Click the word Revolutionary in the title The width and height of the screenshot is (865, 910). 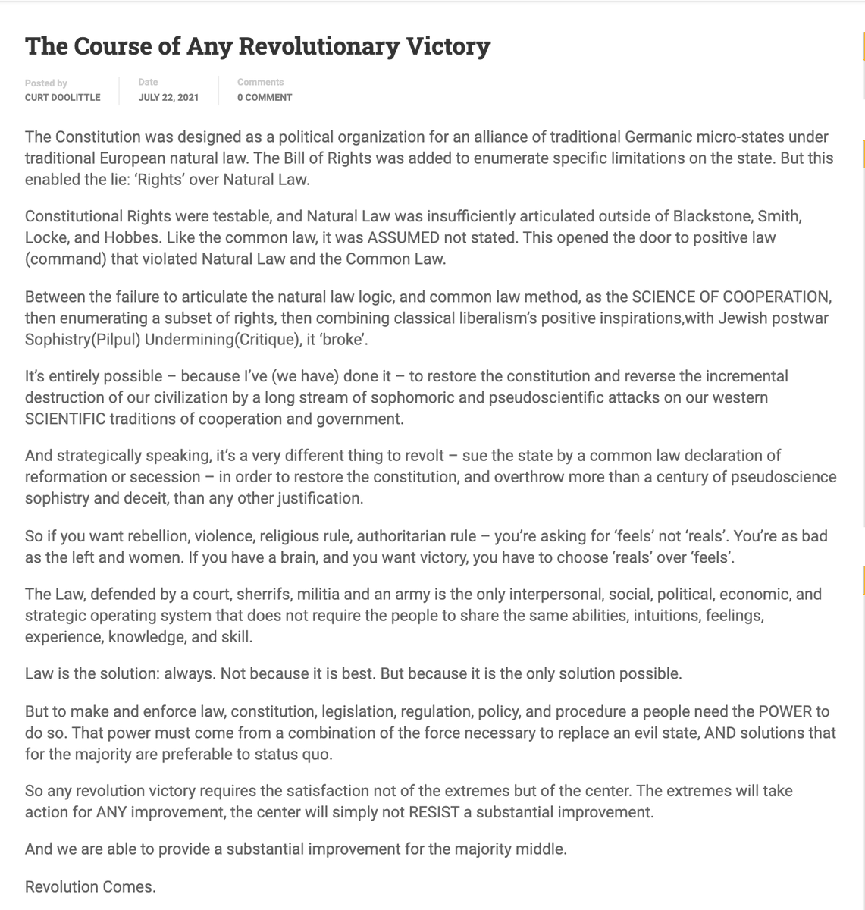coord(318,46)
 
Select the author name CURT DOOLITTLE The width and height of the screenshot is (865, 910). coord(62,98)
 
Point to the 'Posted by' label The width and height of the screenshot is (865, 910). coord(45,83)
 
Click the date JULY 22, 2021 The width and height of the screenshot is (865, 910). coord(168,98)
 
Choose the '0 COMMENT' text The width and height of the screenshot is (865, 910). coord(265,98)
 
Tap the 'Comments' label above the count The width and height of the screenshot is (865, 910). coord(260,82)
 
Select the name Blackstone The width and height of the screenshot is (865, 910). coord(716,216)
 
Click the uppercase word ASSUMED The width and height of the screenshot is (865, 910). coord(403,237)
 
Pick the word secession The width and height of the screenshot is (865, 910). coord(171,477)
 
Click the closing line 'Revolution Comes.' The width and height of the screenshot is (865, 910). coord(90,886)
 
